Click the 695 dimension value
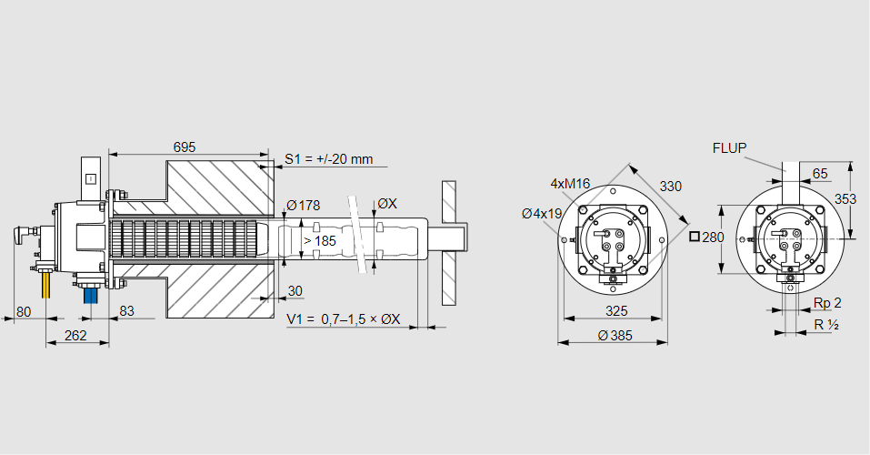tap(185, 147)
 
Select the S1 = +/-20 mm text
tap(329, 158)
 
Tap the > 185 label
tap(319, 240)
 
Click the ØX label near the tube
tap(386, 204)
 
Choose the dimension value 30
tap(295, 291)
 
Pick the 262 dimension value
tap(75, 335)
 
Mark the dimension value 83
tap(125, 311)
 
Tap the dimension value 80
tap(25, 311)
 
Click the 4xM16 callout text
tap(570, 184)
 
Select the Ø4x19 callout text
tap(542, 214)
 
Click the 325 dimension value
tap(616, 311)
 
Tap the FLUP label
tap(730, 147)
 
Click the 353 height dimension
tap(845, 197)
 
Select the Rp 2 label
tap(827, 303)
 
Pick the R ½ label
tap(825, 325)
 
